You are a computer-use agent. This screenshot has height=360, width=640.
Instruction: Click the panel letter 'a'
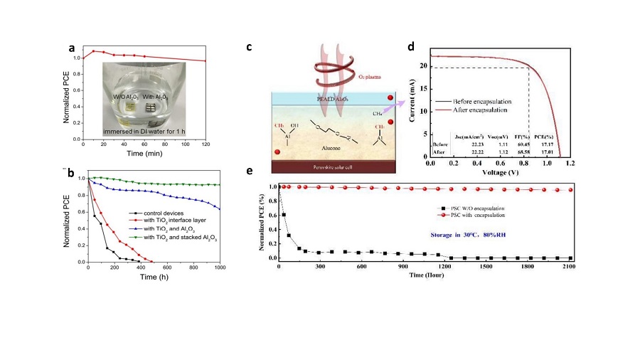[72, 48]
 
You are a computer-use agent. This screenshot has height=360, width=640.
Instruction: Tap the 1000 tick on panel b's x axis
[220, 269]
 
